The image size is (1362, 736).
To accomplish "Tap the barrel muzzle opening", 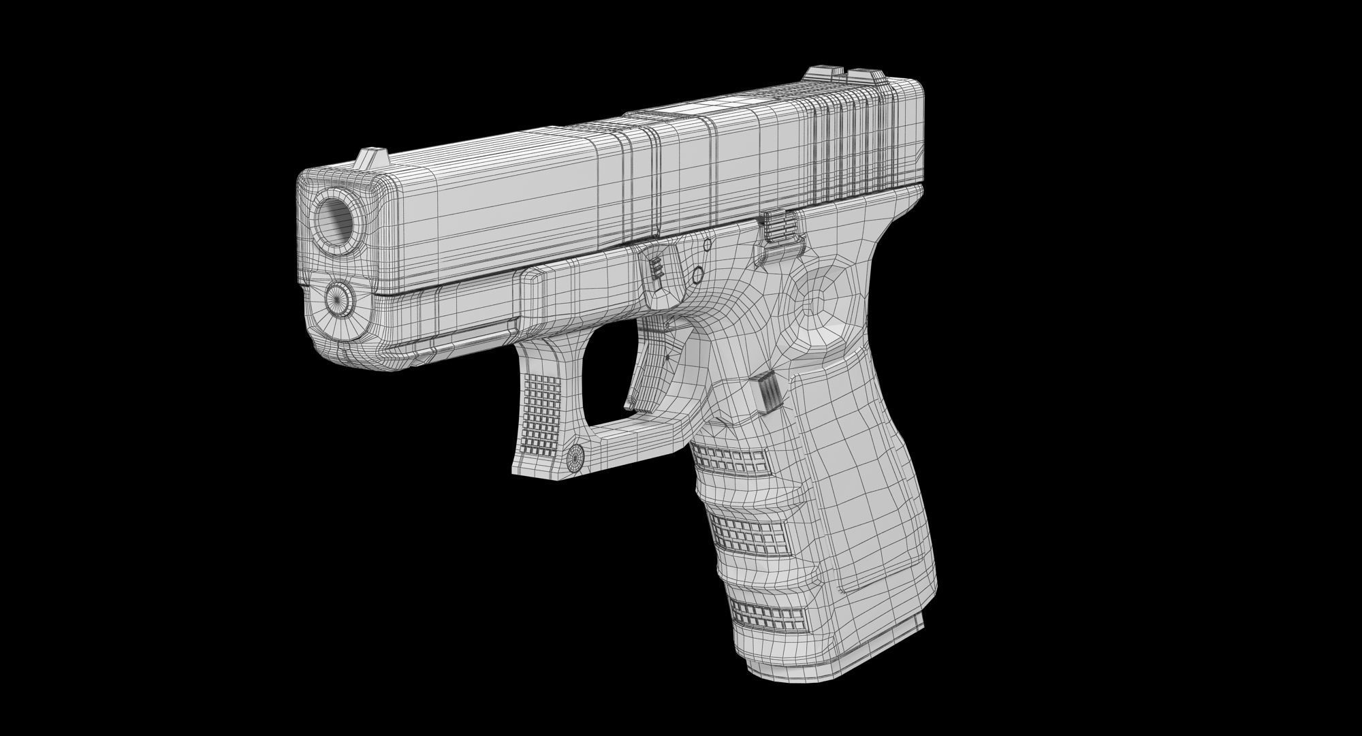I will [x=336, y=219].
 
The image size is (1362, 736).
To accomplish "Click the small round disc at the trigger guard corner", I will [x=576, y=458].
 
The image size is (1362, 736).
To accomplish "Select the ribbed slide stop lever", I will [x=777, y=226].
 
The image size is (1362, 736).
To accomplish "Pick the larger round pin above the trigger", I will [x=697, y=275].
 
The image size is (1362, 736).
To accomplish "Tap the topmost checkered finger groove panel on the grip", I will [x=728, y=460].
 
